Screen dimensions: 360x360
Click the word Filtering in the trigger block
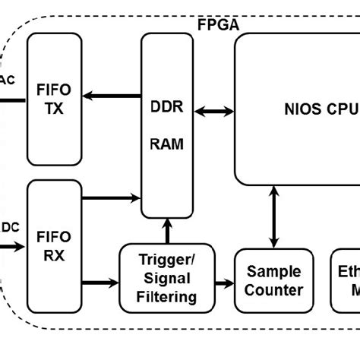click(x=165, y=297)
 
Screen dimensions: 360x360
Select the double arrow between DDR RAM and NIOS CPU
click(x=214, y=112)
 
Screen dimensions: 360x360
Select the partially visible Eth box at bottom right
click(x=346, y=280)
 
